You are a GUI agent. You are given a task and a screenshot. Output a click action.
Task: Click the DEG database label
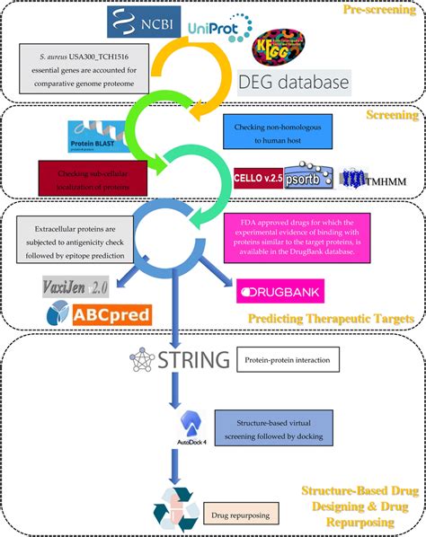pyautogui.click(x=299, y=84)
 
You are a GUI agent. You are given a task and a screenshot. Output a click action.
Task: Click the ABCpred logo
pyautogui.click(x=100, y=313)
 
